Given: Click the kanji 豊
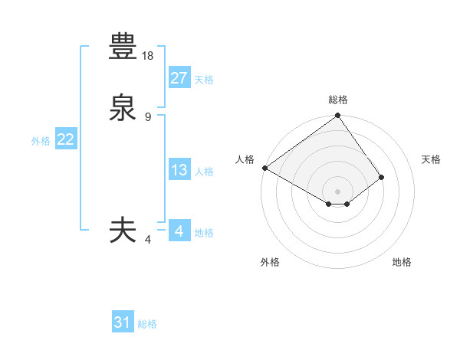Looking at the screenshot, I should click(x=123, y=47).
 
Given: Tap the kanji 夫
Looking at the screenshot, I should click(x=123, y=231).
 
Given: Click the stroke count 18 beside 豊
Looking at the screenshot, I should click(x=149, y=55).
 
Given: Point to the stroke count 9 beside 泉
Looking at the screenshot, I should click(x=148, y=116).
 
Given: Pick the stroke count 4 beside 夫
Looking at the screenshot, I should click(x=148, y=240).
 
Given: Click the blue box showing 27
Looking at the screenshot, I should click(x=179, y=78).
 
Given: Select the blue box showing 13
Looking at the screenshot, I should click(x=179, y=170).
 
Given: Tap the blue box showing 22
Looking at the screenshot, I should click(x=65, y=139).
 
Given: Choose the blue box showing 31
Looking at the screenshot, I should click(x=123, y=322).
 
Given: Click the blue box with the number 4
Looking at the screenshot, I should click(x=179, y=231).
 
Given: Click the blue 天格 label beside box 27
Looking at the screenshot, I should click(x=204, y=80).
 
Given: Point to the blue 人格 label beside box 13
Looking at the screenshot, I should click(x=204, y=172).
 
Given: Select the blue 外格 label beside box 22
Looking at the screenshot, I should click(x=41, y=141).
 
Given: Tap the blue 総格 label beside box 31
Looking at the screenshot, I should click(x=147, y=324).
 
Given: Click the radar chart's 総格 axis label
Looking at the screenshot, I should click(x=338, y=100).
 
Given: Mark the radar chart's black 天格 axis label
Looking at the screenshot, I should click(x=431, y=159).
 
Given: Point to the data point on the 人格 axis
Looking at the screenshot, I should click(x=264, y=168).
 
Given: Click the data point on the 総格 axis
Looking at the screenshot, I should click(x=338, y=116).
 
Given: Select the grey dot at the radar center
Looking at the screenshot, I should click(x=338, y=191).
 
